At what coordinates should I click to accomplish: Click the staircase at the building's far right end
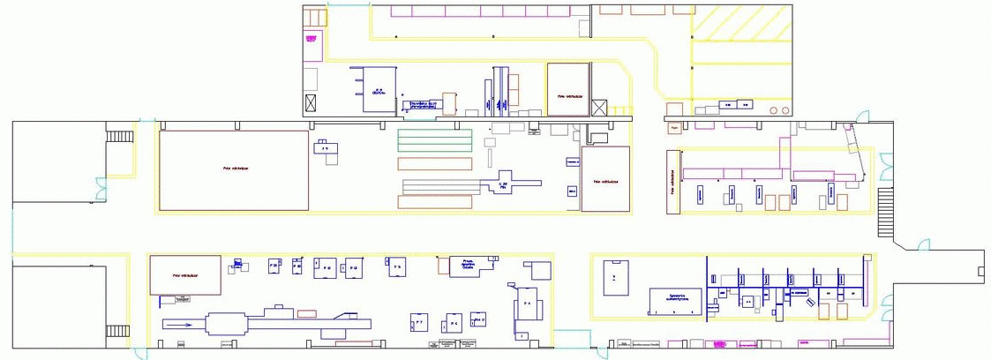(x=885, y=215)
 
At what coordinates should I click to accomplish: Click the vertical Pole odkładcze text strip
(x=672, y=182)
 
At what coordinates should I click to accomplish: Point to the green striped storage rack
(x=434, y=139)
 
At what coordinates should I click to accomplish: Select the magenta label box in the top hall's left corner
(x=311, y=38)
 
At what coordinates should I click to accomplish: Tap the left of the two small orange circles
(x=774, y=110)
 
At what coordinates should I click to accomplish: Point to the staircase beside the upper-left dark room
(x=119, y=137)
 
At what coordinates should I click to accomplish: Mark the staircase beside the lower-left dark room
(x=118, y=331)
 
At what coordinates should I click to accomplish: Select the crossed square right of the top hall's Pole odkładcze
(x=599, y=108)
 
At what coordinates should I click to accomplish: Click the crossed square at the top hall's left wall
(x=310, y=103)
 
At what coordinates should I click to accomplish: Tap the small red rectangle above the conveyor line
(x=307, y=313)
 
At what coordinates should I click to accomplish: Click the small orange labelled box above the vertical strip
(x=674, y=128)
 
